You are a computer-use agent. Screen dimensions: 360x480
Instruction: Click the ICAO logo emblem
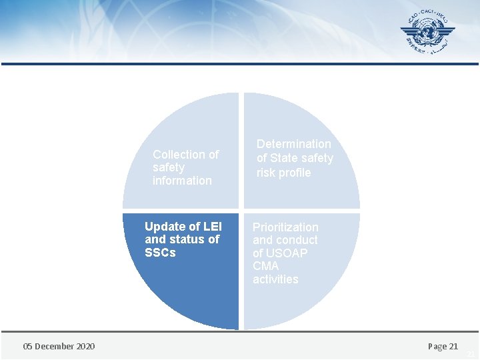point(427,33)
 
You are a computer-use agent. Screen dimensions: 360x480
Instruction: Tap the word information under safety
point(182,181)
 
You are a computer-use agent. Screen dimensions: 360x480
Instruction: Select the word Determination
point(293,144)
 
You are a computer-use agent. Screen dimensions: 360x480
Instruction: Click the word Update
point(163,227)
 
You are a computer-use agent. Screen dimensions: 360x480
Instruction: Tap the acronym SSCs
point(160,253)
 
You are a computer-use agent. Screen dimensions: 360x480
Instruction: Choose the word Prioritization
point(285,227)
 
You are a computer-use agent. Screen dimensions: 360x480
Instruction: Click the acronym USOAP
point(288,253)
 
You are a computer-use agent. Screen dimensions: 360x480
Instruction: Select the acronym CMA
point(266,266)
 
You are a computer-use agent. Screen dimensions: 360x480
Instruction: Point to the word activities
point(275,279)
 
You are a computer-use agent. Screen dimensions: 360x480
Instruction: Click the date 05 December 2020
point(59,346)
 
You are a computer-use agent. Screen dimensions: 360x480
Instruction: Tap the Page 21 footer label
point(443,346)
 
